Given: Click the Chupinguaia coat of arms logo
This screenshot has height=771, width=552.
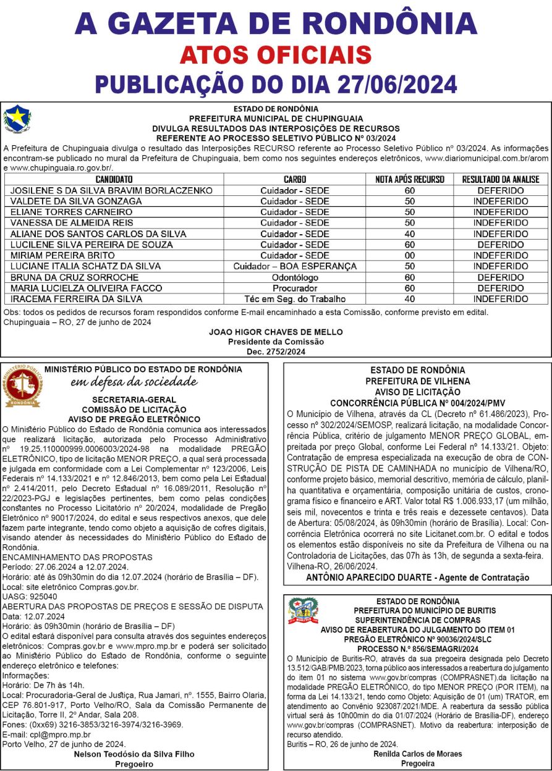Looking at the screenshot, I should click(x=17, y=119).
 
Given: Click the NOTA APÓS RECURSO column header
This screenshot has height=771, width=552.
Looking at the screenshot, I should click(x=409, y=180).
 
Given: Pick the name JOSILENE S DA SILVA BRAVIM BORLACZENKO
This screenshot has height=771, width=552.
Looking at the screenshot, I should click(x=112, y=191).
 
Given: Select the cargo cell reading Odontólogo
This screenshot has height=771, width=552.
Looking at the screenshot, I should click(x=294, y=277).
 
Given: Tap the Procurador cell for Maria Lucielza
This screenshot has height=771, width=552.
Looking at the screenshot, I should click(x=294, y=289).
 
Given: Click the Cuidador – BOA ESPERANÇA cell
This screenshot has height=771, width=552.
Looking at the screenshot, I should click(x=294, y=266).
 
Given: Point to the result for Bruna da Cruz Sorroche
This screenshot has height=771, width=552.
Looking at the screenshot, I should click(x=501, y=277).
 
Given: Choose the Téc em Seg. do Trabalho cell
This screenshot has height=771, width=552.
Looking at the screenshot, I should click(x=294, y=299).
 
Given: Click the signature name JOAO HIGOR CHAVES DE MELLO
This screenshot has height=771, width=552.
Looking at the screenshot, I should click(x=276, y=332).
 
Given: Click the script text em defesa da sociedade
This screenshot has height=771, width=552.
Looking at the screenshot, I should click(x=134, y=382).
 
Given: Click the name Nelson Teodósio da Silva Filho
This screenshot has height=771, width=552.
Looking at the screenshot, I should click(x=134, y=754).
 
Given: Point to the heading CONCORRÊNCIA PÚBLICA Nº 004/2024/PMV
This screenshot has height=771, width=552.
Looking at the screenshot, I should click(x=417, y=402).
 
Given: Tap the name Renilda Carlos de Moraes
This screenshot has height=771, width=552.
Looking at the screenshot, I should click(x=417, y=754).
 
